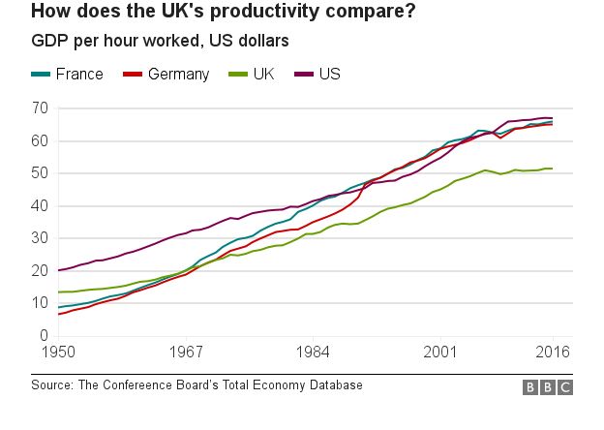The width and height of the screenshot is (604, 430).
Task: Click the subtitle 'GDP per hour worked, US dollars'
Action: (160, 42)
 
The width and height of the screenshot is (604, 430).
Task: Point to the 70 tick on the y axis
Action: (40, 108)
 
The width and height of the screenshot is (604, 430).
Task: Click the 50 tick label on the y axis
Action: (40, 173)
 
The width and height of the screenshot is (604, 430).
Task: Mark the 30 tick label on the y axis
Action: (40, 238)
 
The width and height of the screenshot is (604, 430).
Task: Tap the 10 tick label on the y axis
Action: (40, 303)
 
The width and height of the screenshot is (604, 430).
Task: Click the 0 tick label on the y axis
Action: (44, 336)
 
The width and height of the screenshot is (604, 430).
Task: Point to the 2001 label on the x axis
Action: (439, 353)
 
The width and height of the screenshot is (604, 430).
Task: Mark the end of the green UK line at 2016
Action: (553, 169)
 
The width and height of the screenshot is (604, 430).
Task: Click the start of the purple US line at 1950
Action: (59, 270)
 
